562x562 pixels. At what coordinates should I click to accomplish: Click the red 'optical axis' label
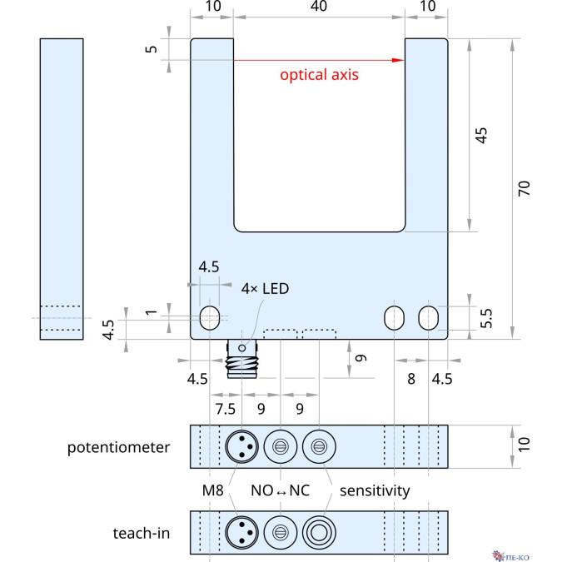coord(319,75)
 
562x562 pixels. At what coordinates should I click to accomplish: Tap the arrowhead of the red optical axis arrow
coord(399,60)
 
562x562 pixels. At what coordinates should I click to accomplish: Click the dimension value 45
coord(480,136)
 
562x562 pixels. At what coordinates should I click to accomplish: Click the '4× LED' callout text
coord(266,289)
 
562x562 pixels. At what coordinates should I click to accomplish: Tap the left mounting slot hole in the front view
coord(211,317)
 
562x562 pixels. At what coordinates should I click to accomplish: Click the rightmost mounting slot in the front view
coord(429,317)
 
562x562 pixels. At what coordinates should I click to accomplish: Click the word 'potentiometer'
coord(119,447)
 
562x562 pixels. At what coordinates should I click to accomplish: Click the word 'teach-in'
coord(142,532)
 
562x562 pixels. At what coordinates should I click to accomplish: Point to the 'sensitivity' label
coord(375,490)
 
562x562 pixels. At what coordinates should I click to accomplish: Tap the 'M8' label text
coord(214,490)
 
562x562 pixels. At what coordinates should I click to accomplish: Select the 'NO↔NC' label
coord(281,490)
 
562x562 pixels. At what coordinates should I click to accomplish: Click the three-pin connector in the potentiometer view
coord(241,447)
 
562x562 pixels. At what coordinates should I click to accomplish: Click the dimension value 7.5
coord(226,409)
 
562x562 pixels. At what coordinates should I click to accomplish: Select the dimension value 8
coord(411,378)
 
